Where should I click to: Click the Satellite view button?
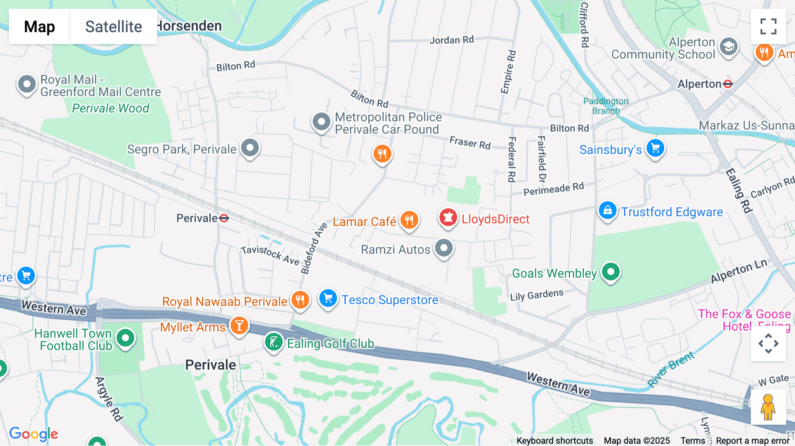[114, 26]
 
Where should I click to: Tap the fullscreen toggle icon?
[768, 26]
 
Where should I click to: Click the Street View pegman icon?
[768, 407]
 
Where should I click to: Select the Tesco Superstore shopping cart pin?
[328, 299]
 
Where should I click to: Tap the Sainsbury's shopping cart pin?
[655, 148]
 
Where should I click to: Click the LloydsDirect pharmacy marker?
[448, 218]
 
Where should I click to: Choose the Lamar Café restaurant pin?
[409, 219]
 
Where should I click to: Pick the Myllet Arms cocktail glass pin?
[239, 326]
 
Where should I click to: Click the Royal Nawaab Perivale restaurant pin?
[300, 300]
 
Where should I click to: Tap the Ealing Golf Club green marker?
[274, 342]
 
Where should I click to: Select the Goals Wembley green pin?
[611, 272]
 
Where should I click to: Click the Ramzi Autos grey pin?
[444, 248]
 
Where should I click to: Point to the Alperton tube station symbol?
[728, 84]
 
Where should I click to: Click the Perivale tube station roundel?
[224, 218]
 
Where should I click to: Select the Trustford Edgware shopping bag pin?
[607, 211]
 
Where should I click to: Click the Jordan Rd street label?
[451, 40]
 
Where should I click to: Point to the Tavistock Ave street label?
[270, 255]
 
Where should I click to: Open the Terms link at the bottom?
[693, 441]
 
